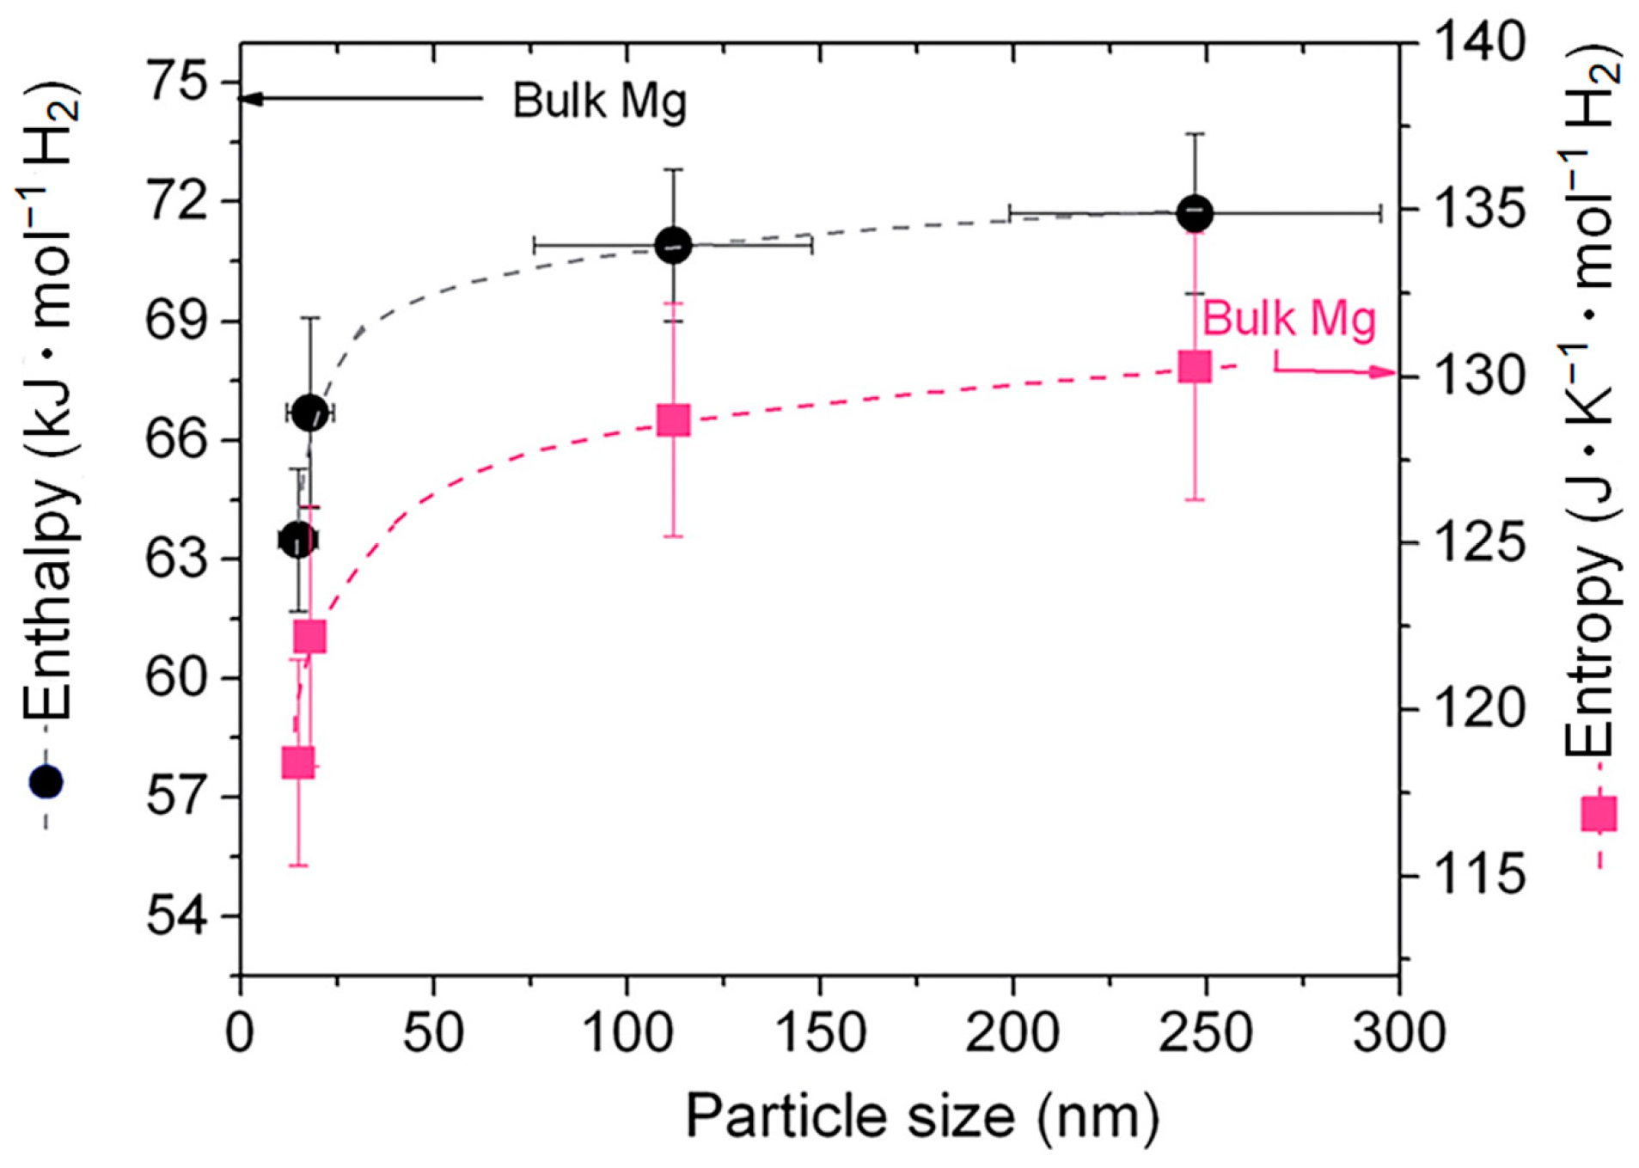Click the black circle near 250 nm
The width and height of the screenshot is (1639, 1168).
click(x=1195, y=212)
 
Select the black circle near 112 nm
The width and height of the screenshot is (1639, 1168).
click(x=673, y=246)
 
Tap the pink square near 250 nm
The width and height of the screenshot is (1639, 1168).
click(x=1195, y=366)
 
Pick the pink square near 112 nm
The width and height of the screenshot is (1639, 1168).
click(x=673, y=420)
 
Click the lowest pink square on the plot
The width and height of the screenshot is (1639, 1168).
click(x=298, y=762)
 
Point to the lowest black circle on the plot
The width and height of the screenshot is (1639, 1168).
click(x=298, y=540)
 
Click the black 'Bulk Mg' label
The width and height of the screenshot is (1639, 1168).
click(x=599, y=101)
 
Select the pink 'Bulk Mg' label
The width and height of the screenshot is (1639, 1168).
click(x=1288, y=319)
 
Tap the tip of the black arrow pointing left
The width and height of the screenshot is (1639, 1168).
click(x=241, y=99)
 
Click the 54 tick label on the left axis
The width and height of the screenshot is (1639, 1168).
click(x=179, y=917)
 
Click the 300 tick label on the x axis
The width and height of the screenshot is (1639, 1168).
click(x=1398, y=1031)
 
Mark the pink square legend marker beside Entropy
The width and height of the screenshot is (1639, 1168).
click(x=1599, y=813)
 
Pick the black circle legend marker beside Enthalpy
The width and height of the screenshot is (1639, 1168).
click(x=46, y=781)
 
